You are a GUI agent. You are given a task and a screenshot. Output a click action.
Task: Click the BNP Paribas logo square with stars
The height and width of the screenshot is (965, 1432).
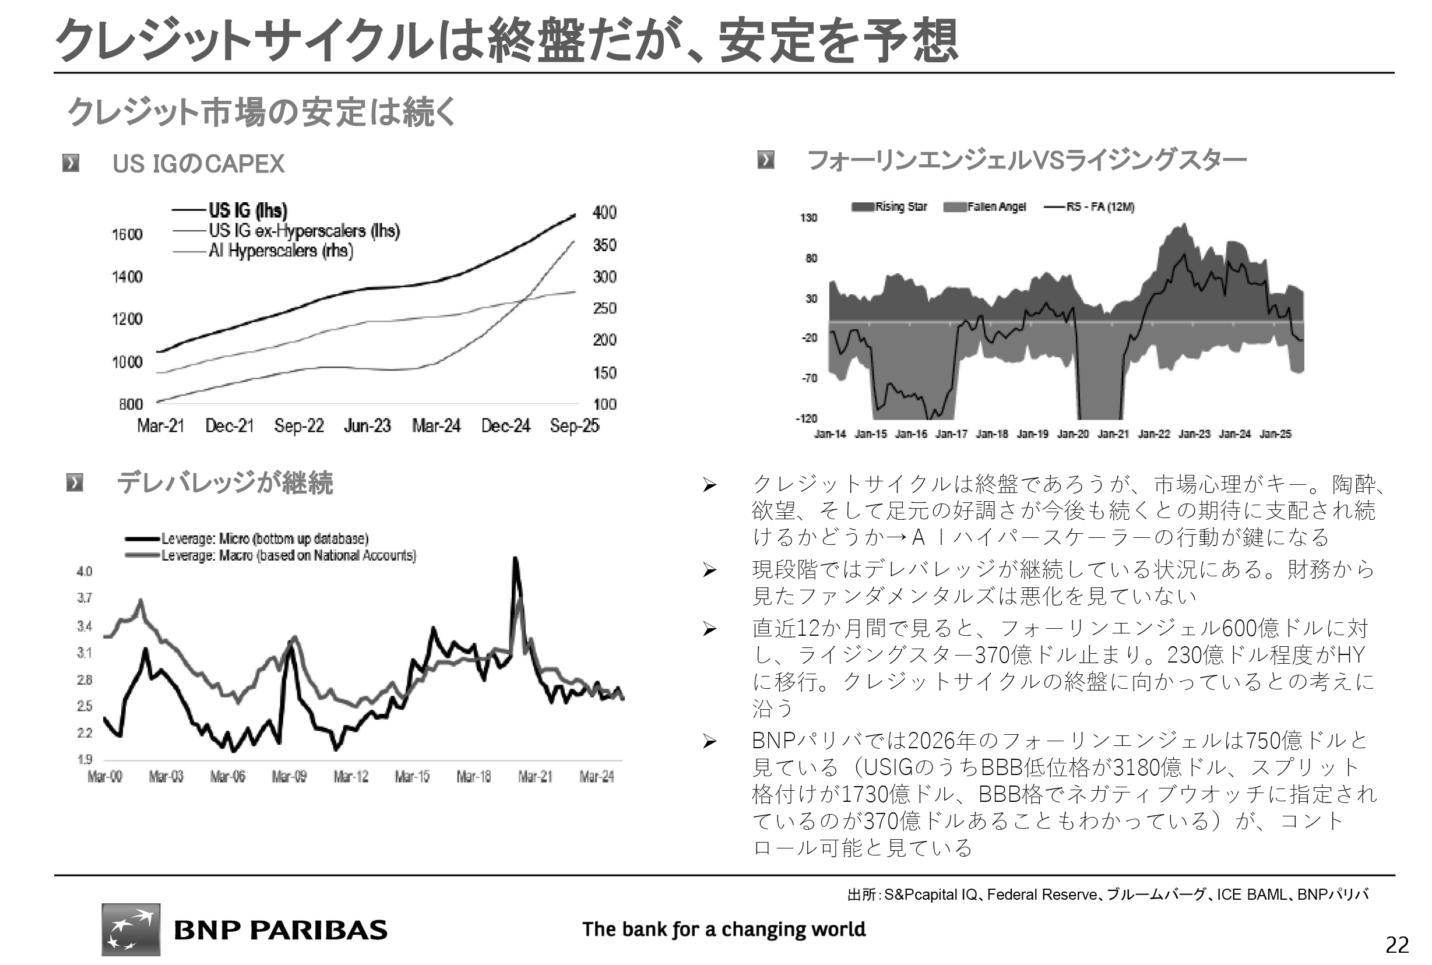click(131, 929)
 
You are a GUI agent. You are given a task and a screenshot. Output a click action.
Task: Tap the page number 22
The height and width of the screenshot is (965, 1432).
click(1397, 945)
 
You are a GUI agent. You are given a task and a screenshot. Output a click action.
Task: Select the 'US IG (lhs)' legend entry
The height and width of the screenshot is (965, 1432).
click(247, 210)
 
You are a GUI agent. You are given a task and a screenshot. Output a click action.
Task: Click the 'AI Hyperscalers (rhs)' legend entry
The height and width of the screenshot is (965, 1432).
click(280, 251)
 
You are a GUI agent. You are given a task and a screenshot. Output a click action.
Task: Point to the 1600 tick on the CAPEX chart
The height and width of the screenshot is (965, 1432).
click(127, 234)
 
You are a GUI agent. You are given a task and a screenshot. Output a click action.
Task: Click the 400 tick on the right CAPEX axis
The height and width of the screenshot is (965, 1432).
click(604, 212)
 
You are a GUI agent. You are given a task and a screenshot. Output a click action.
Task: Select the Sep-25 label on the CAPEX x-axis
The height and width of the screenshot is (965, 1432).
click(574, 425)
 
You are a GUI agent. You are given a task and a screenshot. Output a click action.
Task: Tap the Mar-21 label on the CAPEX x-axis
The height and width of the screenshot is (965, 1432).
click(161, 425)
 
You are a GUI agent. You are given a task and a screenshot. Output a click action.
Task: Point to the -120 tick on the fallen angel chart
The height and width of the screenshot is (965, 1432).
click(806, 418)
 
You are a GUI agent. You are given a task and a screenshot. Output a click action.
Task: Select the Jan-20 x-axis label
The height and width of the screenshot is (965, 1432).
click(1072, 434)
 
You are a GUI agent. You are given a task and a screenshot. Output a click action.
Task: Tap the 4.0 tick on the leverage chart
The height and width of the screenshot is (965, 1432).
click(85, 571)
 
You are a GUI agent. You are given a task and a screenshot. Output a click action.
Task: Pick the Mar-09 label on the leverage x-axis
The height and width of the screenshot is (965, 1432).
click(289, 777)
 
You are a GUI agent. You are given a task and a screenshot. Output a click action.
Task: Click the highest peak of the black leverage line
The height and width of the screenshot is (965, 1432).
click(515, 558)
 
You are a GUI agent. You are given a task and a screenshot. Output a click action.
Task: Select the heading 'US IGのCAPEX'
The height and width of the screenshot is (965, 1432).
click(198, 164)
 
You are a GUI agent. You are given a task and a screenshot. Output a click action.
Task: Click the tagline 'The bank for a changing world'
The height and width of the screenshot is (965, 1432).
click(724, 929)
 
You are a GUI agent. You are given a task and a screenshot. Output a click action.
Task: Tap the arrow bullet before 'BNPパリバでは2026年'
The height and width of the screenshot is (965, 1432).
click(709, 741)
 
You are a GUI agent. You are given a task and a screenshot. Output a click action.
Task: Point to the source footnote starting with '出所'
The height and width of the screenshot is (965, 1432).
click(1108, 894)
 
